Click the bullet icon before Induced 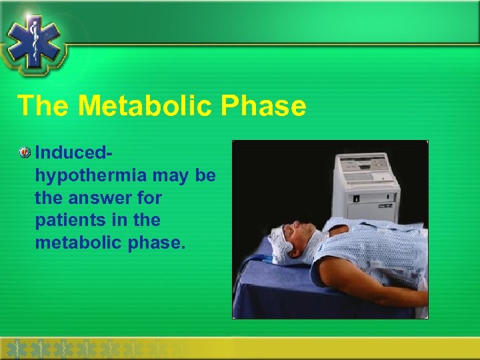pyautogui.click(x=25, y=153)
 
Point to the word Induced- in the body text pyautogui.click(x=73, y=153)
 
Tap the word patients pyautogui.click(x=69, y=220)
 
